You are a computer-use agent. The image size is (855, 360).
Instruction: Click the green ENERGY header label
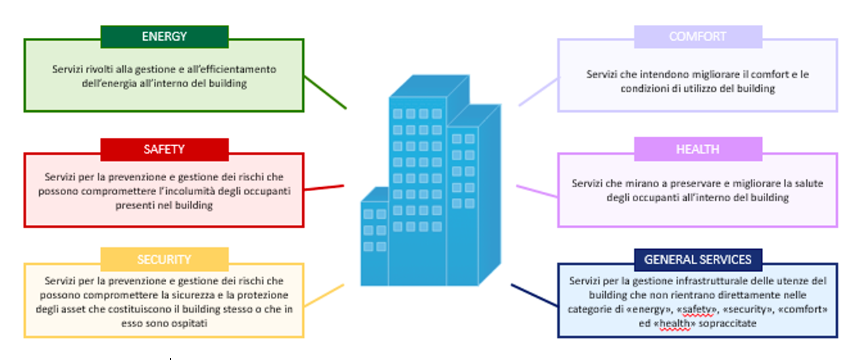164,36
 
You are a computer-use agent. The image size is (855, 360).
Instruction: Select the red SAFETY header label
164,149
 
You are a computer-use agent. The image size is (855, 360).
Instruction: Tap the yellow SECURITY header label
164,259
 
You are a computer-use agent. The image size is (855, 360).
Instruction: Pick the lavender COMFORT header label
698,36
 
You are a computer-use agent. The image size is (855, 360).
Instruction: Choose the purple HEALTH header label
698,149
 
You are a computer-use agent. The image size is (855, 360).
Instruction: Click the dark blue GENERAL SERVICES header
698,259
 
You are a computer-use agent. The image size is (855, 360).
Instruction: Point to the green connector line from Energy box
325,93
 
